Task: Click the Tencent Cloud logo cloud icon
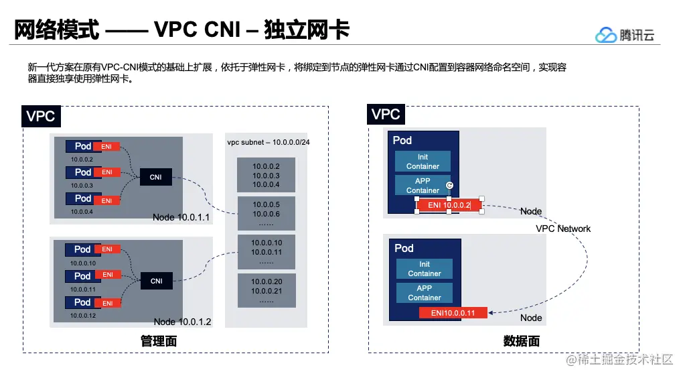point(606,35)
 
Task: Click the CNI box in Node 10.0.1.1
point(155,178)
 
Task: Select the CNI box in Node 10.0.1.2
point(156,281)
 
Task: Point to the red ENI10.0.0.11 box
point(453,313)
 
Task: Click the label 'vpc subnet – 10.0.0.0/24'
point(268,143)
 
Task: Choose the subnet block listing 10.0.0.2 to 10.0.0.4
point(266,175)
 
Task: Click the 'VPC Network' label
point(563,229)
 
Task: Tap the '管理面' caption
point(159,341)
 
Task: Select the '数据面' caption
point(521,341)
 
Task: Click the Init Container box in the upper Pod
point(423,162)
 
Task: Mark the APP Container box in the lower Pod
point(425,293)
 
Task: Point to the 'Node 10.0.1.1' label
point(181,218)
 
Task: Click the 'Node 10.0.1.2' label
point(182,322)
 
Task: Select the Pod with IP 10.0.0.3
point(82,172)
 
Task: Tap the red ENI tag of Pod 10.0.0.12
point(107,303)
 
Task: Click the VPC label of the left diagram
point(40,117)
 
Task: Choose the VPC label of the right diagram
point(386,115)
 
